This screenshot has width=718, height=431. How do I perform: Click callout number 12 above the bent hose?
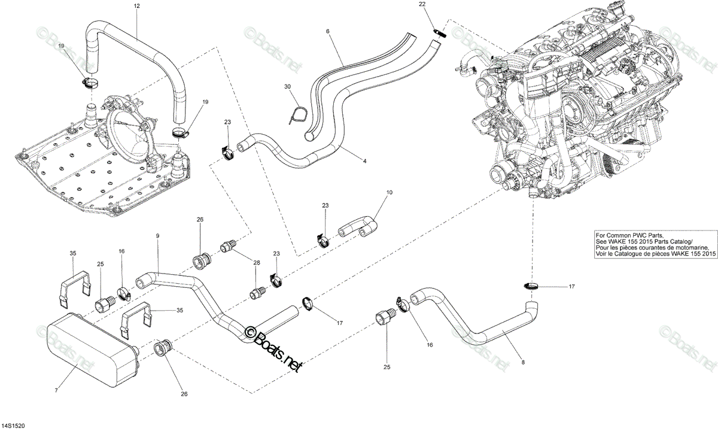pyautogui.click(x=137, y=6)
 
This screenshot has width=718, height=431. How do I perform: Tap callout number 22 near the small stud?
pyautogui.click(x=422, y=4)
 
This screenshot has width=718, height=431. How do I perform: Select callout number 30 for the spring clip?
pyautogui.click(x=288, y=87)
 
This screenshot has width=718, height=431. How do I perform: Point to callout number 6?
pyautogui.click(x=328, y=31)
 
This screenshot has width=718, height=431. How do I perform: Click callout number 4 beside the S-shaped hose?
pyautogui.click(x=364, y=161)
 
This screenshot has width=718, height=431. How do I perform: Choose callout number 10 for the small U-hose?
pyautogui.click(x=390, y=192)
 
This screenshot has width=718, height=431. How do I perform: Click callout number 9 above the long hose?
pyautogui.click(x=157, y=236)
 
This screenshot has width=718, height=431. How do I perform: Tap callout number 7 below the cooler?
pyautogui.click(x=56, y=390)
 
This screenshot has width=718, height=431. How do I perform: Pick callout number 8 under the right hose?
pyautogui.click(x=523, y=362)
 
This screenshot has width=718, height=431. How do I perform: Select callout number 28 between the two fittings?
pyautogui.click(x=257, y=263)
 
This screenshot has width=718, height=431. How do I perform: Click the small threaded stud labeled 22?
pyautogui.click(x=440, y=33)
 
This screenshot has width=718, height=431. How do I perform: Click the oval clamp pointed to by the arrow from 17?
pyautogui.click(x=532, y=286)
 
